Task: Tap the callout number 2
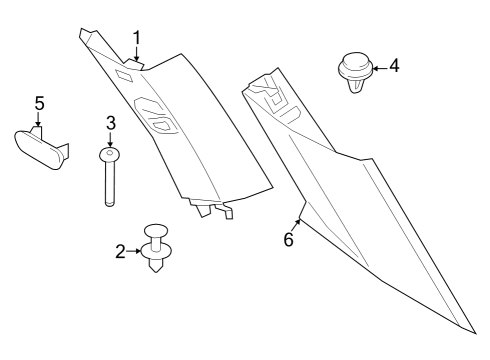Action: point(121,252)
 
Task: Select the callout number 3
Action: point(111,123)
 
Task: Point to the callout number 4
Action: point(393,66)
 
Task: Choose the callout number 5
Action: point(39,103)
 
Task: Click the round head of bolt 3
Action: point(110,154)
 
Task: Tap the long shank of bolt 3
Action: point(110,185)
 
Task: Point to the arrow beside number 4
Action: point(377,67)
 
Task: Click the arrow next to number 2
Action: point(137,252)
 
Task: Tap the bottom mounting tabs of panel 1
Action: point(214,210)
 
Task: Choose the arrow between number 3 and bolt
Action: point(111,139)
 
